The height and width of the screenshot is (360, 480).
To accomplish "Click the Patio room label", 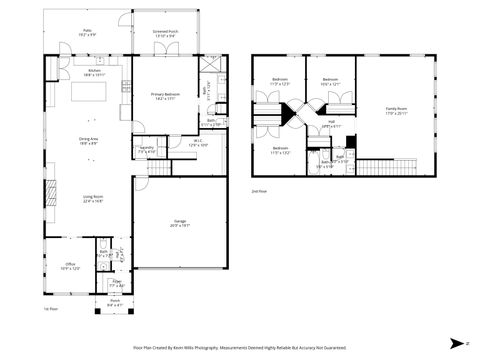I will coord(88,34).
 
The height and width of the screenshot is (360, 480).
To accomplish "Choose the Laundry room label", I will coord(147,150).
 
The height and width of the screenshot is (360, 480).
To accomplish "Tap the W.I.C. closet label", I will coord(198,143).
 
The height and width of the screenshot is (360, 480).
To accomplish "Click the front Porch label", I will coord(115,302).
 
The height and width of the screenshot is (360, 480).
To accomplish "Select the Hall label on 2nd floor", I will coord(331,125).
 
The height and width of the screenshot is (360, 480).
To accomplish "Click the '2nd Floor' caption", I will coord(258,188).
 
